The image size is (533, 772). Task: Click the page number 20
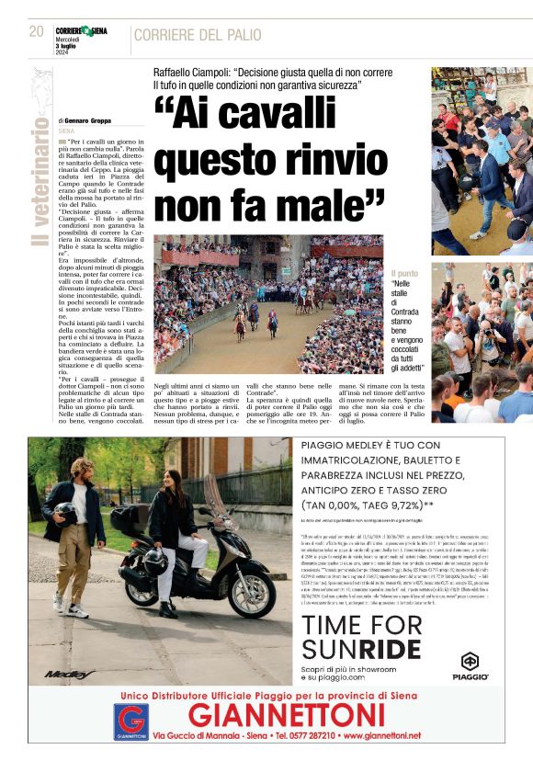[37, 31]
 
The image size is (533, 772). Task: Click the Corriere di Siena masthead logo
[81, 31]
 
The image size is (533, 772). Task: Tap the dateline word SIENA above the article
[66, 131]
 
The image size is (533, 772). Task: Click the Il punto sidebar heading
[404, 273]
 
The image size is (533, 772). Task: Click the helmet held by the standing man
[64, 513]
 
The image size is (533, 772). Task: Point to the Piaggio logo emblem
[470, 662]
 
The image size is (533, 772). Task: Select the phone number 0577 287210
[333, 736]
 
